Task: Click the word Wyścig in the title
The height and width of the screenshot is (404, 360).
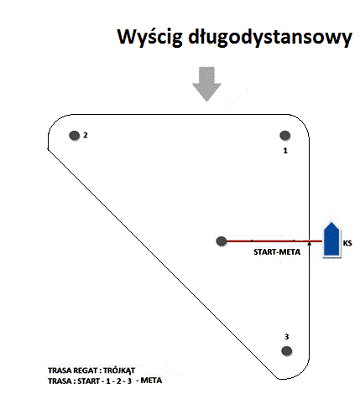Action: coord(149,38)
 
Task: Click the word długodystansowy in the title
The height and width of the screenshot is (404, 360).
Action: coord(270,37)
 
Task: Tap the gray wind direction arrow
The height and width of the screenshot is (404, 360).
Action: coord(206,84)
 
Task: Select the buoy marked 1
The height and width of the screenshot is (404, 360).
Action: coord(285,136)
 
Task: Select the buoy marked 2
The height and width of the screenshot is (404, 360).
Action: coord(75,136)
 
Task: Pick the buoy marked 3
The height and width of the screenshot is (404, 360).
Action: coord(286,351)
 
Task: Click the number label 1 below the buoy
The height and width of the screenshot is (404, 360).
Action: coord(285,151)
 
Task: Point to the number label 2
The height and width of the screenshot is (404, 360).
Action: coord(86,135)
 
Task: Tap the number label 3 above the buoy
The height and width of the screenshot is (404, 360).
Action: coord(286,337)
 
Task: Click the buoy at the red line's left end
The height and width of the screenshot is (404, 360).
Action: coord(222,241)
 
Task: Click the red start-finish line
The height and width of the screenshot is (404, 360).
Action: coord(274,241)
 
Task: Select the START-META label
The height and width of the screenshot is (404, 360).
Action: coord(277,252)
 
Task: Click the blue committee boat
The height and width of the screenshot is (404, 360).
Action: coord(331,240)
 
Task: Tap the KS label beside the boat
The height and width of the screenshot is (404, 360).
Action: coord(347,243)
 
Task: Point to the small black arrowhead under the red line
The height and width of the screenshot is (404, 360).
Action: coord(309,244)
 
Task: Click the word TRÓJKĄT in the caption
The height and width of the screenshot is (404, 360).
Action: coord(119,370)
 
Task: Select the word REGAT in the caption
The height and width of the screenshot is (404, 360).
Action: coord(84,370)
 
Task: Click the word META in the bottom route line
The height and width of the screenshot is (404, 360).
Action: coord(151,381)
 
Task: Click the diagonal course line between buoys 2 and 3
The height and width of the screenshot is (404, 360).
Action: coord(163,264)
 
